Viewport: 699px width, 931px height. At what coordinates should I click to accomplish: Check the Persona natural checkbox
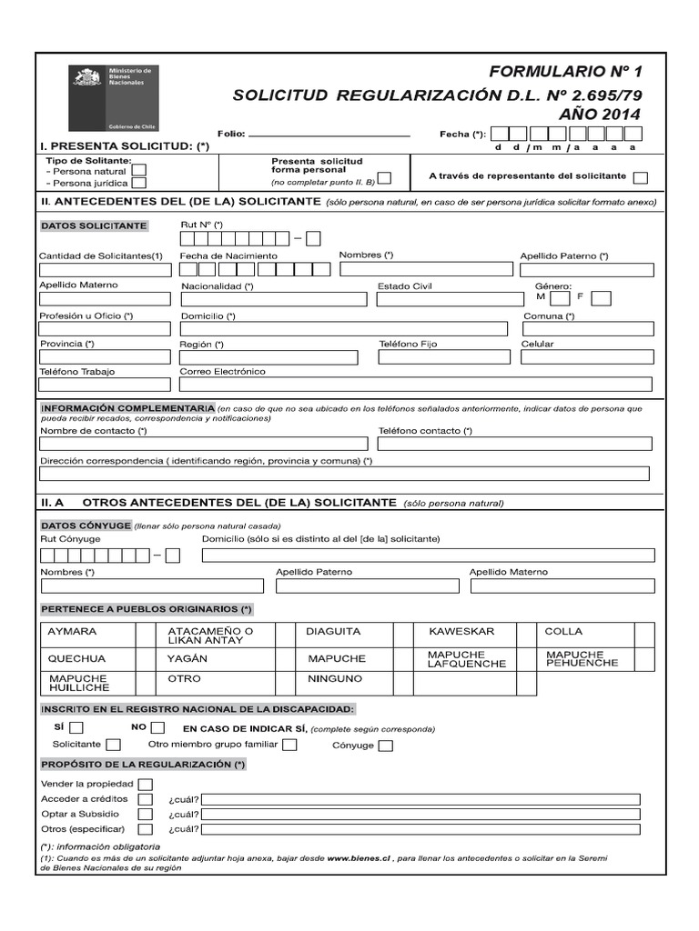139,170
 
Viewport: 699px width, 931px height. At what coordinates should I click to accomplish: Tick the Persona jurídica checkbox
139,183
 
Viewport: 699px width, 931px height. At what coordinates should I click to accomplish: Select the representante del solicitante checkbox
641,177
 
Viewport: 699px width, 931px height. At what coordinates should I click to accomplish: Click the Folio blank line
329,135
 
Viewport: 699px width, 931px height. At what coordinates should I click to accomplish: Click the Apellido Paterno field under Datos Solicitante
586,270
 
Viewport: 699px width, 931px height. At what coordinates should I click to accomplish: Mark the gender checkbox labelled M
561,298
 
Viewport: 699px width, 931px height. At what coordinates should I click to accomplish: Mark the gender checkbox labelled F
601,298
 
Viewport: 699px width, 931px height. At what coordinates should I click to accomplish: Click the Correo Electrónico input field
416,385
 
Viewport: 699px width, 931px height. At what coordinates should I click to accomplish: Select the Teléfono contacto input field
514,444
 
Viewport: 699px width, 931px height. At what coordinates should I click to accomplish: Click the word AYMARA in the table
72,631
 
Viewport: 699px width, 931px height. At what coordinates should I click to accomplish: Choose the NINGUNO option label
335,679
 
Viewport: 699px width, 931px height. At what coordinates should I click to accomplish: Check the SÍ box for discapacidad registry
76,727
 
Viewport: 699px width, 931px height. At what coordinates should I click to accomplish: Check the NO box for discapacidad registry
157,727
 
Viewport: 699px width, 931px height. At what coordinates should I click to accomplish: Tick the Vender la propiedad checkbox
145,785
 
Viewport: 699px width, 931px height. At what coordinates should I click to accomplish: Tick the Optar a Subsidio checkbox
145,814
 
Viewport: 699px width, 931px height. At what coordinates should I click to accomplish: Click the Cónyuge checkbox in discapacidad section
386,746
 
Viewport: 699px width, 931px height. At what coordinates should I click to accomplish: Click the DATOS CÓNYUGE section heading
86,526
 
